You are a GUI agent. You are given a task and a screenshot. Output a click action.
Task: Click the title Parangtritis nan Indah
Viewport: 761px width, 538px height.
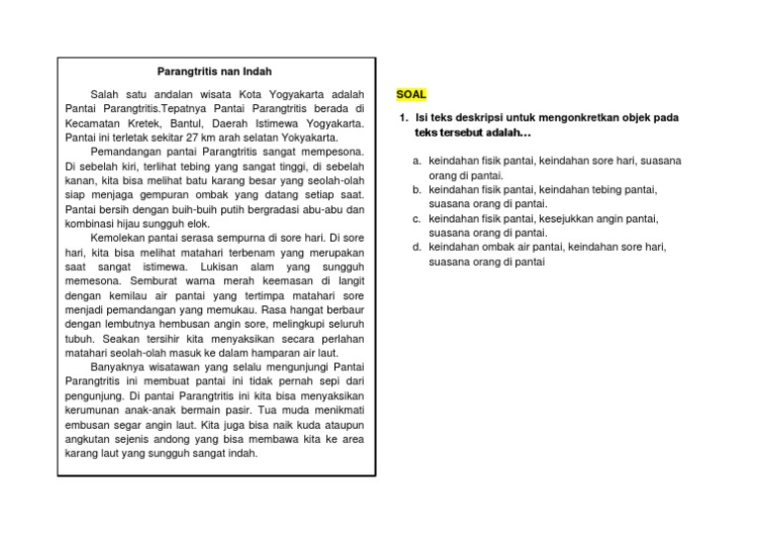(214, 71)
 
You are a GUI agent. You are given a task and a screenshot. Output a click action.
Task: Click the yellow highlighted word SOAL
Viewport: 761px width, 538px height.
(411, 94)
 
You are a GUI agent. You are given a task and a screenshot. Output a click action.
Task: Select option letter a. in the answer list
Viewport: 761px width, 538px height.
(419, 161)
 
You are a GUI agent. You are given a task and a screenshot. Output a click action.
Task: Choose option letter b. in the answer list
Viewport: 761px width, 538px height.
(419, 189)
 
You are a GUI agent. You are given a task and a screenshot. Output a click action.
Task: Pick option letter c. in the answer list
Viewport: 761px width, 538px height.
(419, 218)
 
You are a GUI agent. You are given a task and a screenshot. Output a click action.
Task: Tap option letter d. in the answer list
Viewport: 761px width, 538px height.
(419, 248)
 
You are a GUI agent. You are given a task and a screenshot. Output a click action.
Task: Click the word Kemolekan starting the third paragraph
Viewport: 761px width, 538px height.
(122, 239)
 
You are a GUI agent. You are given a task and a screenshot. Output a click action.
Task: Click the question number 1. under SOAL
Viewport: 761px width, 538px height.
(404, 117)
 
